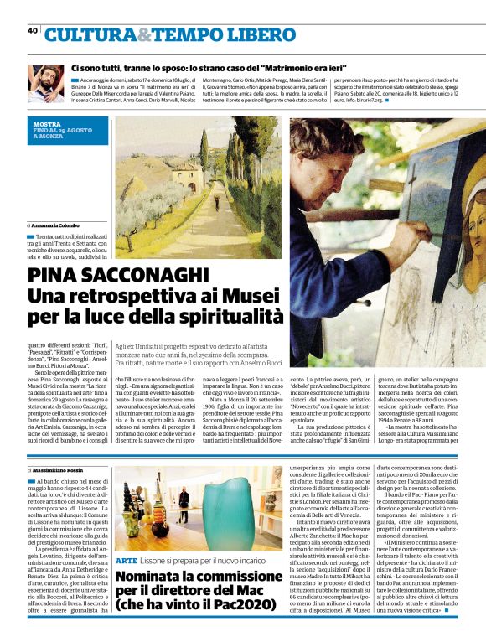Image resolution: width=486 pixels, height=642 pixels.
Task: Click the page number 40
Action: click(x=33, y=30)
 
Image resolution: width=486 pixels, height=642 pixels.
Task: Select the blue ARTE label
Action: click(x=126, y=559)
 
